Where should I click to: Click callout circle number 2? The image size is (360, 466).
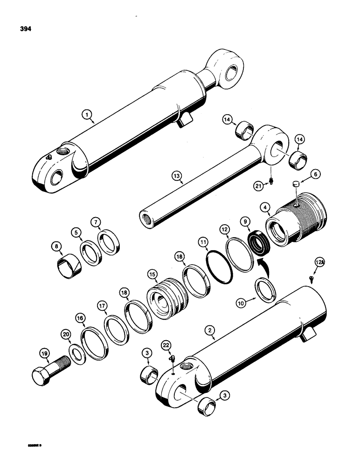211,331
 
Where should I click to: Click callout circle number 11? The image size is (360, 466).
202,242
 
